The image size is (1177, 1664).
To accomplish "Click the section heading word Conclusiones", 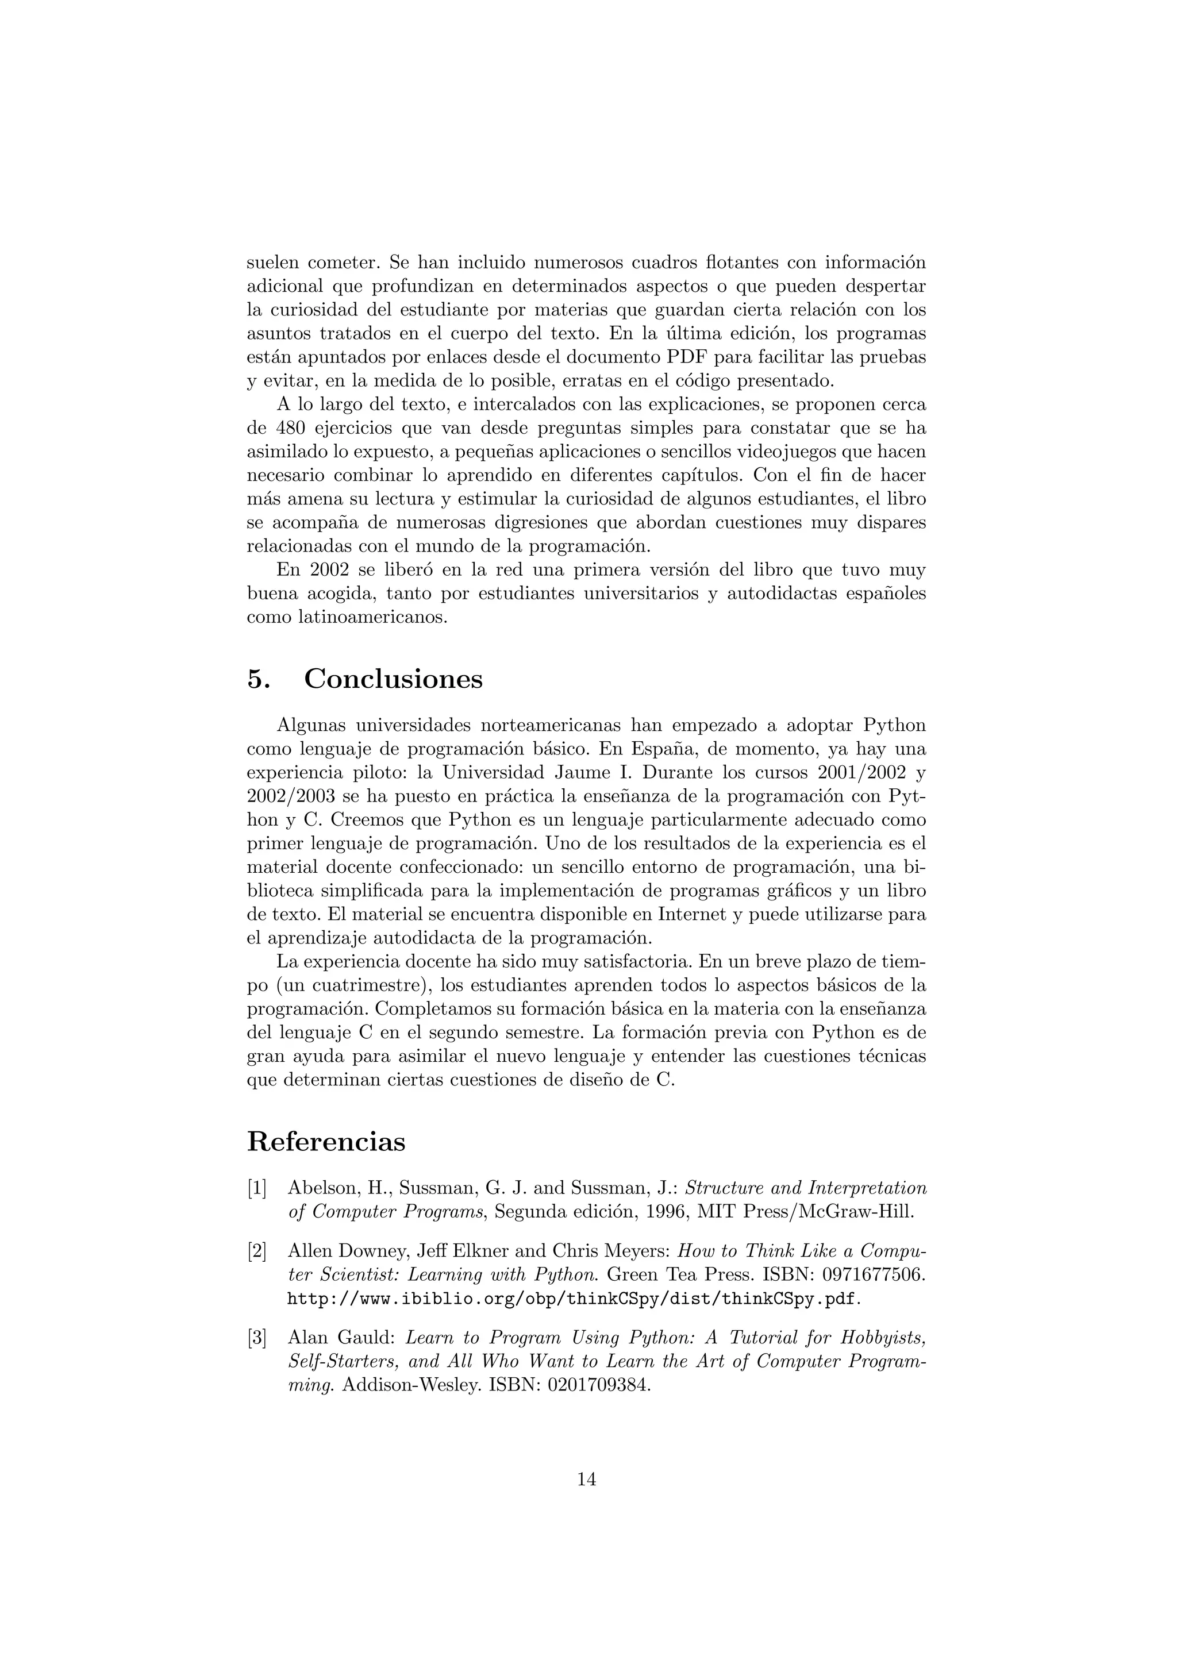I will point(393,680).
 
